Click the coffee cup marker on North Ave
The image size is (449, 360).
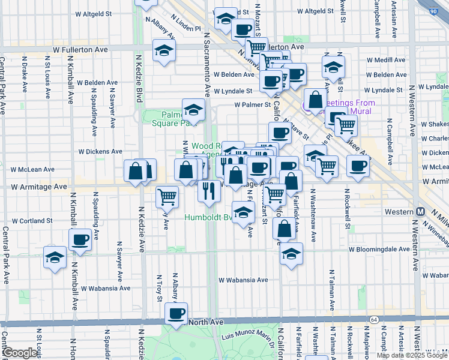point(176,313)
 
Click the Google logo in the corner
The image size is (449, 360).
point(20,353)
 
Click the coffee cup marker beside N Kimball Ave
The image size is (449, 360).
point(80,240)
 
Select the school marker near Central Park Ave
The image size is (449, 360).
point(55,258)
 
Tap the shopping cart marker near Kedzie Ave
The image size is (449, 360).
point(167,195)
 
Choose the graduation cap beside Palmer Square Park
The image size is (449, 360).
point(193,110)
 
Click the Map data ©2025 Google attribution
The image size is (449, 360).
point(412,355)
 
